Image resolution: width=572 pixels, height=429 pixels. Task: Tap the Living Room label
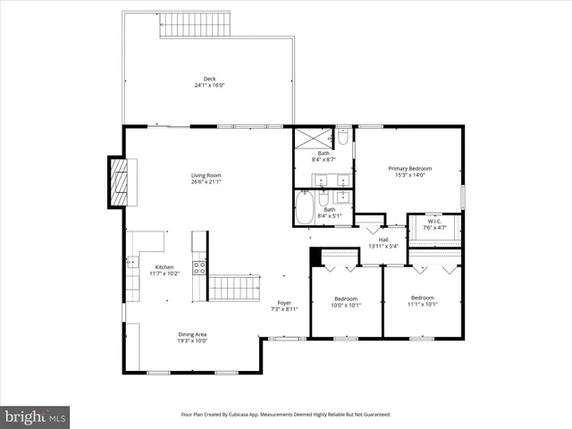coord(206,178)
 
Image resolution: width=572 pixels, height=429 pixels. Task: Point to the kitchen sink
coord(133,263)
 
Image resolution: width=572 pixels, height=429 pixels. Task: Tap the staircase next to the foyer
coord(233,288)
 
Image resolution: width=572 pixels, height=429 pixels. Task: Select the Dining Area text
coord(192,337)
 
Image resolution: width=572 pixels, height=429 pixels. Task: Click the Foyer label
coord(283,306)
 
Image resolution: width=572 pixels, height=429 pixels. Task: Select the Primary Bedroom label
coord(409,171)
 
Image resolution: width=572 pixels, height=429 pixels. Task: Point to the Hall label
coord(383,241)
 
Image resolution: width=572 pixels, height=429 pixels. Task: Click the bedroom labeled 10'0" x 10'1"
coord(346,301)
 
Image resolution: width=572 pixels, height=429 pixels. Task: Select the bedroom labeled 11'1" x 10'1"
coord(422,300)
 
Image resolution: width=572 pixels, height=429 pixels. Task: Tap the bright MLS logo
coord(36,416)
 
